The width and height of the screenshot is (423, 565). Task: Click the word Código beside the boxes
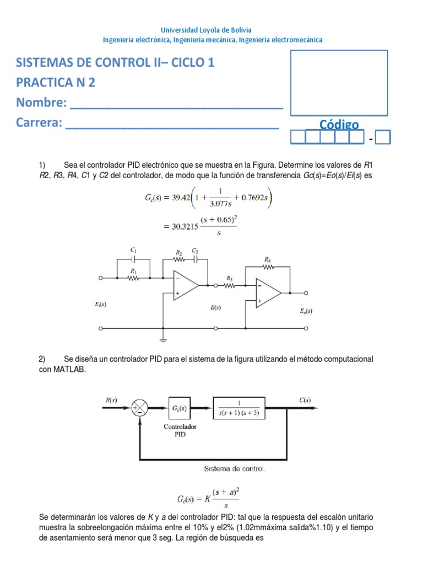(339, 125)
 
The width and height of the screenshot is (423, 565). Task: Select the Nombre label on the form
(42, 103)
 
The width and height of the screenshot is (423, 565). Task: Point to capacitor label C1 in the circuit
(133, 250)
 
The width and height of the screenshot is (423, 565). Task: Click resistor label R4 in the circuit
(267, 258)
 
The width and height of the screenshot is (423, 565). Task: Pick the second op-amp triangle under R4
(267, 292)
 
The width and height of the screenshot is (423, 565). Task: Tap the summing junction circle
(139, 409)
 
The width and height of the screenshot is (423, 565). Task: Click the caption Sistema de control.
(235, 469)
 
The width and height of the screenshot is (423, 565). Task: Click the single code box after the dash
(383, 136)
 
